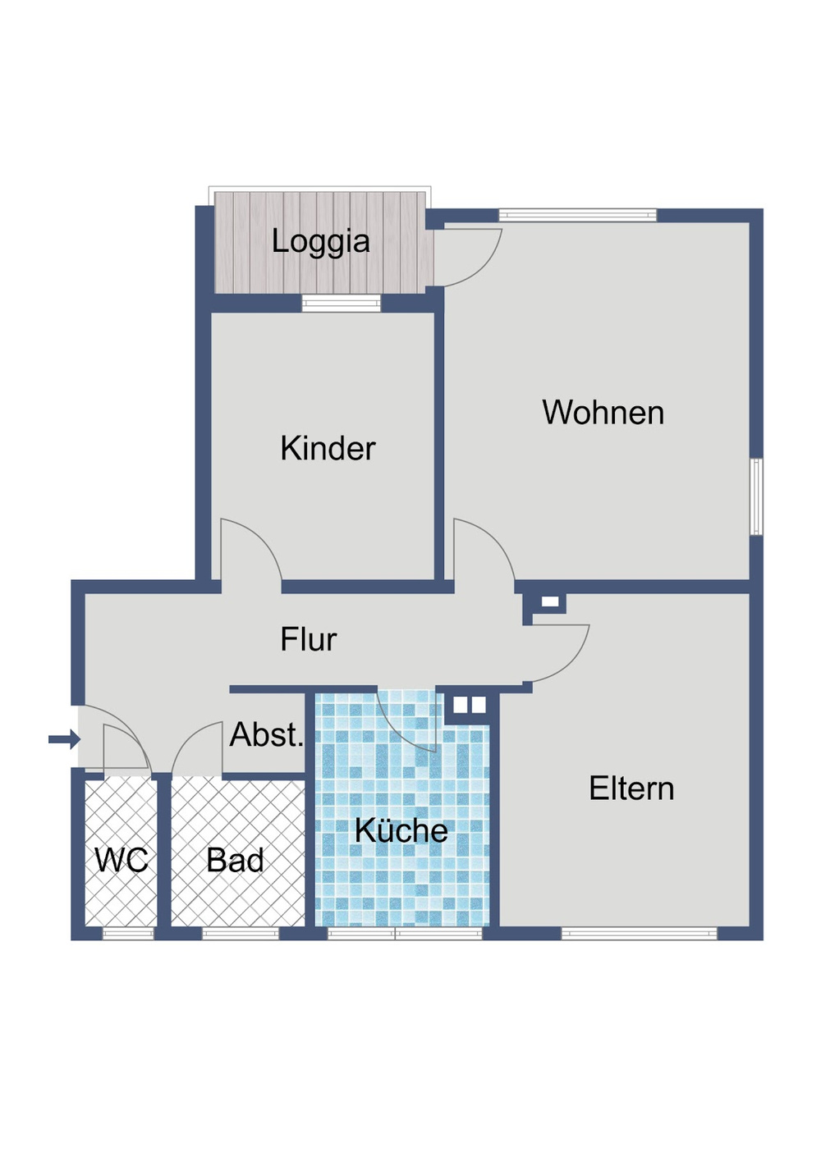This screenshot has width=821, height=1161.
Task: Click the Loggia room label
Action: [x=320, y=241]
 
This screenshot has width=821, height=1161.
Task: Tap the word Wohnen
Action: [x=603, y=412]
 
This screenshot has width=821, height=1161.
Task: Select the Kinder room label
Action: [x=328, y=448]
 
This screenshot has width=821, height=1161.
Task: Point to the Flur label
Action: [x=308, y=639]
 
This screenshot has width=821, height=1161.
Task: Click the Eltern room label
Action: [x=631, y=788]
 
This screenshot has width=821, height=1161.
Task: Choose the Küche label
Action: [x=401, y=830]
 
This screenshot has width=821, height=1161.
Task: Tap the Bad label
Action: [x=235, y=860]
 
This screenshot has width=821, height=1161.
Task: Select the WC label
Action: [x=121, y=860]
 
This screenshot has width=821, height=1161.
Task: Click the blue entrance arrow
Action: [x=64, y=740]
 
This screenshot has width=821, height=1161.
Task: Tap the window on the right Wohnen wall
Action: [x=756, y=496]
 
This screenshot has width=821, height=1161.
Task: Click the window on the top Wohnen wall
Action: [x=577, y=216]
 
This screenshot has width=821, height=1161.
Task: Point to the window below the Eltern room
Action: [x=638, y=933]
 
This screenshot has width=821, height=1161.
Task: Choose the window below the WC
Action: [x=127, y=933]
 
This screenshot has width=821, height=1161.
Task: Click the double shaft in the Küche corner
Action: [x=469, y=705]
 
